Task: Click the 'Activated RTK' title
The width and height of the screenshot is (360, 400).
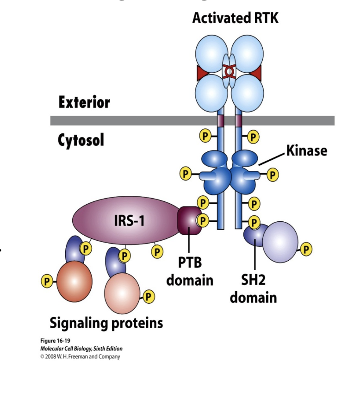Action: coord(236,19)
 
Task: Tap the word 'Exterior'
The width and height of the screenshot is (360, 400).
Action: coord(84,102)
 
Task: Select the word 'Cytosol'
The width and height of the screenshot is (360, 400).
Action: coord(81,140)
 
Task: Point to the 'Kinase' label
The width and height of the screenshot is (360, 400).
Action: coord(306,150)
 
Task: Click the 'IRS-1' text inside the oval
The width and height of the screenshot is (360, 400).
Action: coord(129,221)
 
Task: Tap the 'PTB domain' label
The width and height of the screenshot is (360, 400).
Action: coord(190,271)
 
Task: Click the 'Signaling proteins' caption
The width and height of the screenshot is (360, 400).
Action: coord(106,322)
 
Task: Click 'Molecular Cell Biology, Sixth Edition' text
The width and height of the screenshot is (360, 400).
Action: coord(81,349)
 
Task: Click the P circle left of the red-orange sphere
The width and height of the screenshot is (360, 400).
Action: coord(47,281)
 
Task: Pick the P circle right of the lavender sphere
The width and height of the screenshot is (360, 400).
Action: coord(306,250)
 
